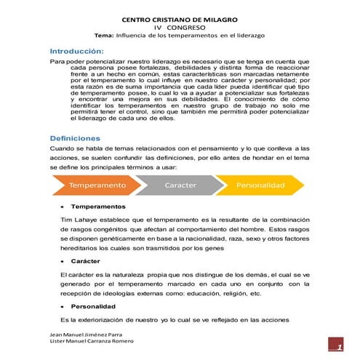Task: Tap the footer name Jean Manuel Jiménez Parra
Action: pos(83,334)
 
